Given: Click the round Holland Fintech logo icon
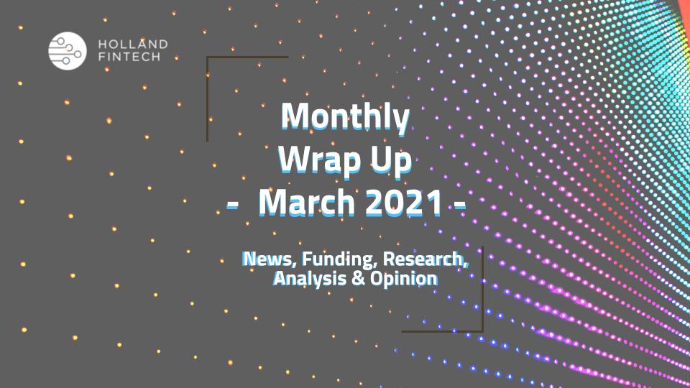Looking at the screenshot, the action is click(x=68, y=50).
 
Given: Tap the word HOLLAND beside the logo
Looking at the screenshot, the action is click(x=133, y=45).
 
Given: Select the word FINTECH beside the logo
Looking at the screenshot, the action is click(x=129, y=57).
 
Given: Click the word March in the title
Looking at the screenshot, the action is click(x=307, y=203).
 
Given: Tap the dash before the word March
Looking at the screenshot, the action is click(x=233, y=205).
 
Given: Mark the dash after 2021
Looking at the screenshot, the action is click(x=460, y=205).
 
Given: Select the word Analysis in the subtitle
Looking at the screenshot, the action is click(x=310, y=279).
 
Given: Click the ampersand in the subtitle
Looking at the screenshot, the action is click(x=359, y=279).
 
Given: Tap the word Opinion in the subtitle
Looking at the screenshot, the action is click(x=404, y=279).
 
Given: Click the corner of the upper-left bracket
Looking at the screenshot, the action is click(x=207, y=57).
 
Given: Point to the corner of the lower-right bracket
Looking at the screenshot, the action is click(x=483, y=331).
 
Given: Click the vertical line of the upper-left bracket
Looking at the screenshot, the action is click(x=207, y=99).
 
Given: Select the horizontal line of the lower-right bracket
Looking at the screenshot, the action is click(x=442, y=331).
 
